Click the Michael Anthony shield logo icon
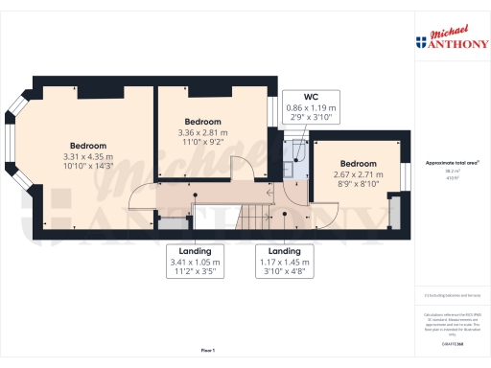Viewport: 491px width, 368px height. click(x=420, y=42)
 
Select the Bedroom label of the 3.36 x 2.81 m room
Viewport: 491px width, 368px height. click(x=202, y=122)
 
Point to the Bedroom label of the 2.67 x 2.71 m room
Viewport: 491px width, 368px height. click(x=357, y=163)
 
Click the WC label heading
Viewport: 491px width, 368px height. click(x=311, y=97)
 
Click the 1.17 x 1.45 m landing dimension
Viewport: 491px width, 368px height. click(x=284, y=261)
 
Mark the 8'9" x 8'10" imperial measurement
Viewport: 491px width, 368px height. click(x=357, y=185)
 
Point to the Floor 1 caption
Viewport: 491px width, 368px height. click(x=208, y=351)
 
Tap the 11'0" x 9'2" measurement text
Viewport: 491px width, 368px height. click(x=202, y=142)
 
